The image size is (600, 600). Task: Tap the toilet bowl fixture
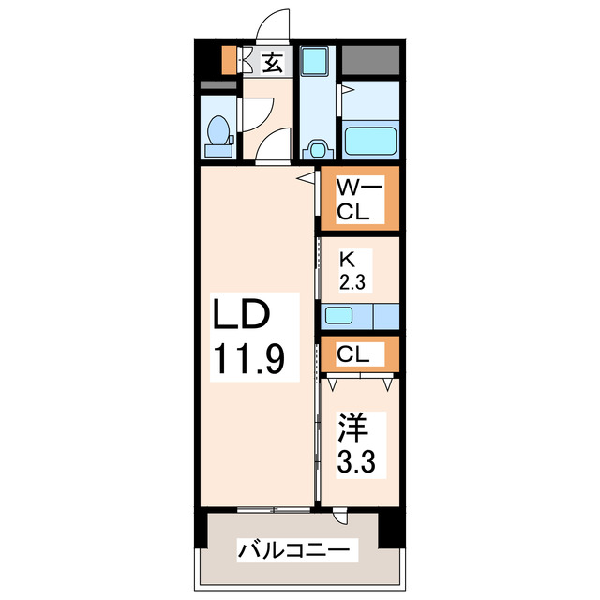(218, 135)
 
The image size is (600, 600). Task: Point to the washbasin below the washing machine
(316, 148)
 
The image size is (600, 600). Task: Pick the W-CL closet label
(359, 199)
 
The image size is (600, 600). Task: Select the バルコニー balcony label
(292, 548)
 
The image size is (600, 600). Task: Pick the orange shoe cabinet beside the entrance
(228, 60)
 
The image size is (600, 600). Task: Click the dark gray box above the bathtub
(370, 59)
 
